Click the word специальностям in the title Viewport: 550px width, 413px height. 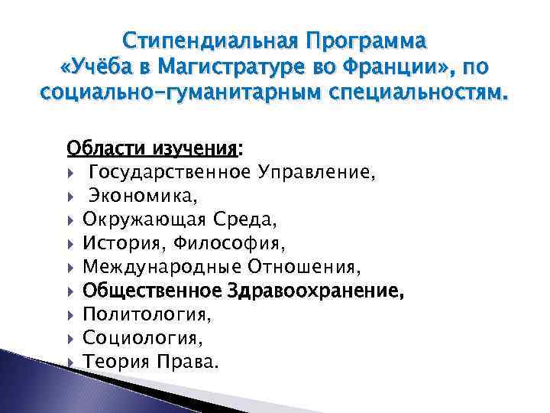[414, 96]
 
